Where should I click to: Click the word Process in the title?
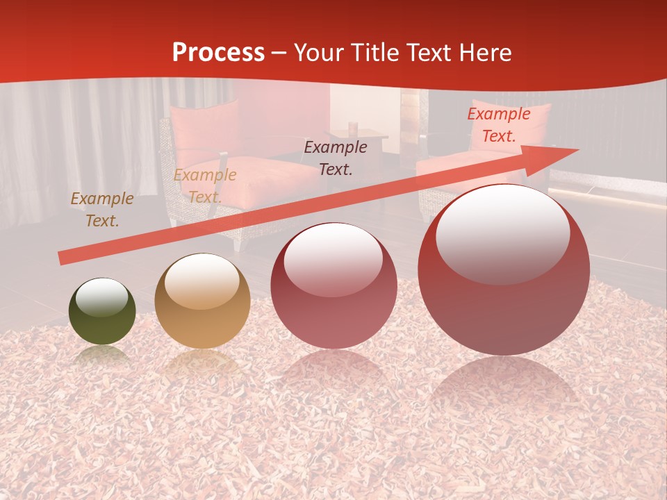[218, 53]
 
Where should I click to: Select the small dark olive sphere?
[102, 312]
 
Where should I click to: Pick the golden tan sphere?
[202, 301]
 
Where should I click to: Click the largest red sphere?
[504, 270]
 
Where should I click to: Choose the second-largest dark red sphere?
[333, 286]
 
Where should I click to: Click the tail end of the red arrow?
[64, 258]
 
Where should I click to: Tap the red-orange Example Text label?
[499, 125]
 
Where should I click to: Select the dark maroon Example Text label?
[336, 158]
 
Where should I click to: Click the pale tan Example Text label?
[205, 186]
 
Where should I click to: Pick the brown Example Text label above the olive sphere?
[102, 210]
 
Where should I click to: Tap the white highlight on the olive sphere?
[102, 297]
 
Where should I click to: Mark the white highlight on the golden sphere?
[202, 281]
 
